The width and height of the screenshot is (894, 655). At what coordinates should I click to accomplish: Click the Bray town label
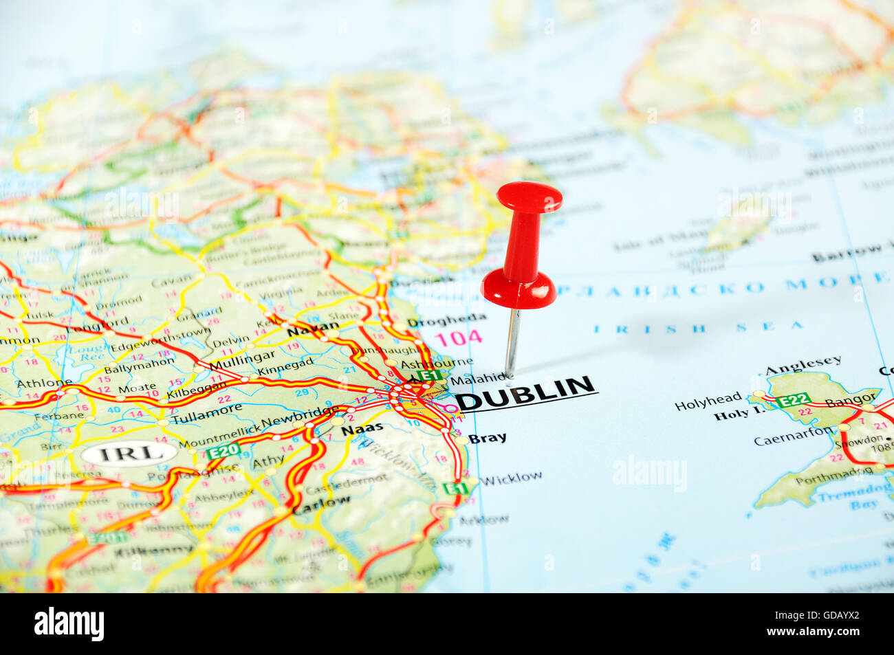click(x=487, y=438)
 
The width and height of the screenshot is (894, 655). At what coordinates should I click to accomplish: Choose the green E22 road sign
click(x=793, y=400)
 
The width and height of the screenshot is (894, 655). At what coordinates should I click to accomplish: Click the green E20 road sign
click(x=223, y=452)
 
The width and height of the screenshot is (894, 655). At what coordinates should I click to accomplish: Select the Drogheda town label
click(x=446, y=320)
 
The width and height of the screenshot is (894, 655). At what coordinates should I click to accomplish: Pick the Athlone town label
click(x=44, y=384)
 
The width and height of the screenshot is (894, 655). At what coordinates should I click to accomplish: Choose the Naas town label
click(x=362, y=430)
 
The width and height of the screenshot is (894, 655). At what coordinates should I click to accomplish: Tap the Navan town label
click(x=313, y=329)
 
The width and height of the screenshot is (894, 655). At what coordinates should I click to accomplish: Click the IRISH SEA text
click(x=699, y=328)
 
